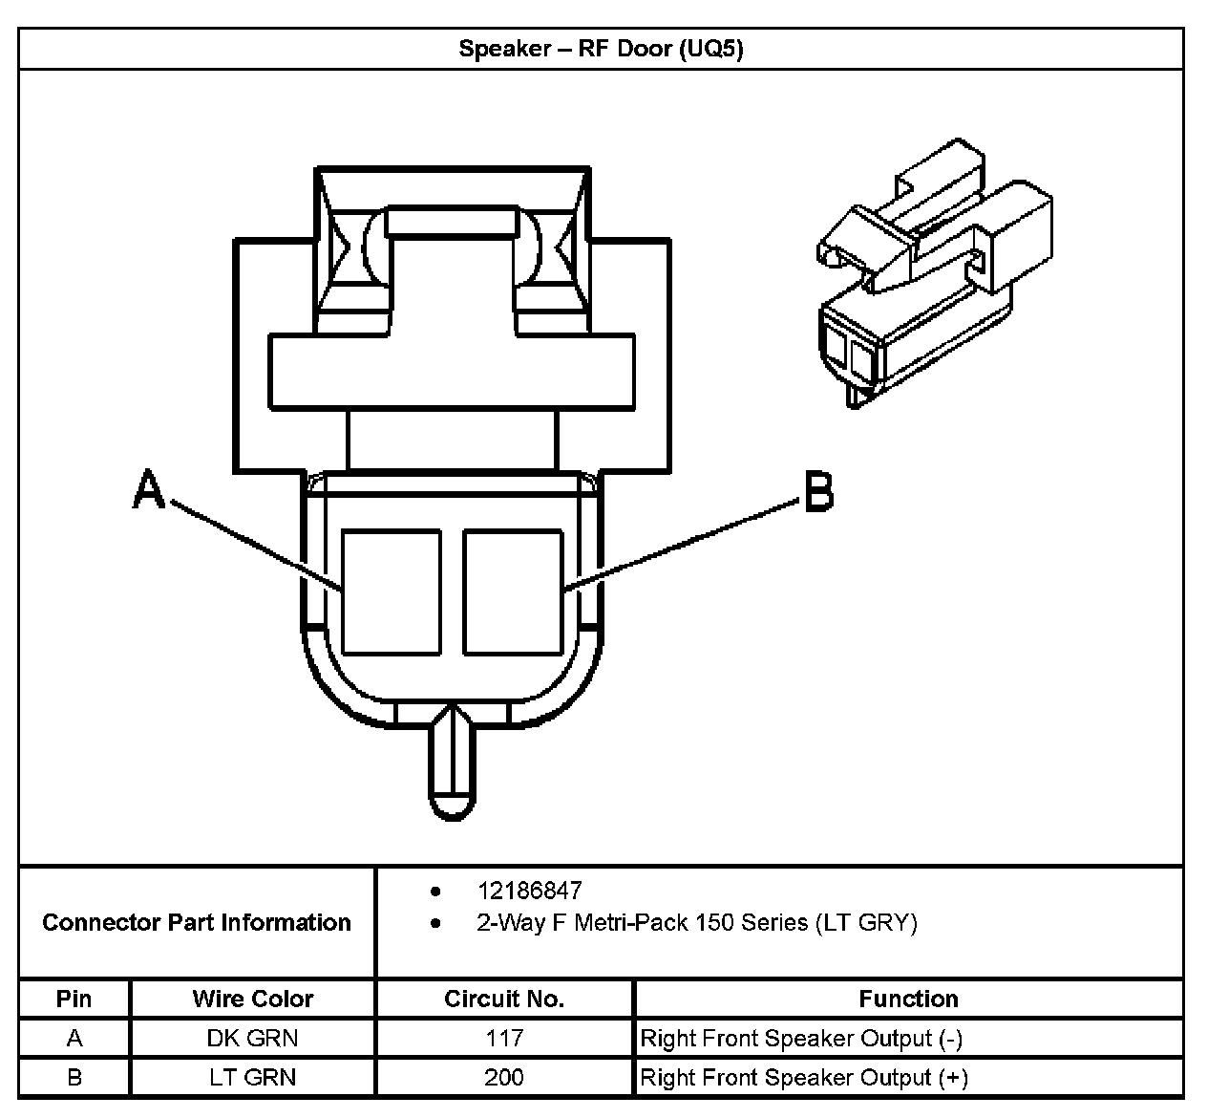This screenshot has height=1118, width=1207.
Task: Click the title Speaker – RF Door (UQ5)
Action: tap(601, 49)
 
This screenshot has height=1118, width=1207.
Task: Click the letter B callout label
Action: tap(818, 492)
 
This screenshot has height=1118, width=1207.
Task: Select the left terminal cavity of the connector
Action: tap(392, 592)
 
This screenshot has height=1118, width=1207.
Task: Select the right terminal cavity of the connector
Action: tap(513, 592)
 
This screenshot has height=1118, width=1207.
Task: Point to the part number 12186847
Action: tap(529, 891)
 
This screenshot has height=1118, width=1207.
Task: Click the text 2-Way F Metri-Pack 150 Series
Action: tap(696, 923)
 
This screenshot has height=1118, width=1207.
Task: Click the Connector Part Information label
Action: tap(197, 922)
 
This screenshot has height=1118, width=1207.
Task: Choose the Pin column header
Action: tap(74, 999)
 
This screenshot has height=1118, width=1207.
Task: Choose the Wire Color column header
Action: tap(253, 999)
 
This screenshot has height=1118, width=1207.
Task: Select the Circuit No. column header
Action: tap(504, 999)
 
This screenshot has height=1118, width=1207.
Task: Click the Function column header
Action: tap(908, 999)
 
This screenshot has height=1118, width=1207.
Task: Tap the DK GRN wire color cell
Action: tap(253, 1038)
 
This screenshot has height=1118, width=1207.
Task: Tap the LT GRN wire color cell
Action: tap(253, 1077)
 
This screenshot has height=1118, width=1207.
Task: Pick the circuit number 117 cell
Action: tap(504, 1038)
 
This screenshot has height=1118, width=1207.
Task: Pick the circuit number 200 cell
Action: tap(504, 1077)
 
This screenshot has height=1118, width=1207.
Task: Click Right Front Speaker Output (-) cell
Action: tap(800, 1038)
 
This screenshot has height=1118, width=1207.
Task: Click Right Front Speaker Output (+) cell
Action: tap(803, 1077)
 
